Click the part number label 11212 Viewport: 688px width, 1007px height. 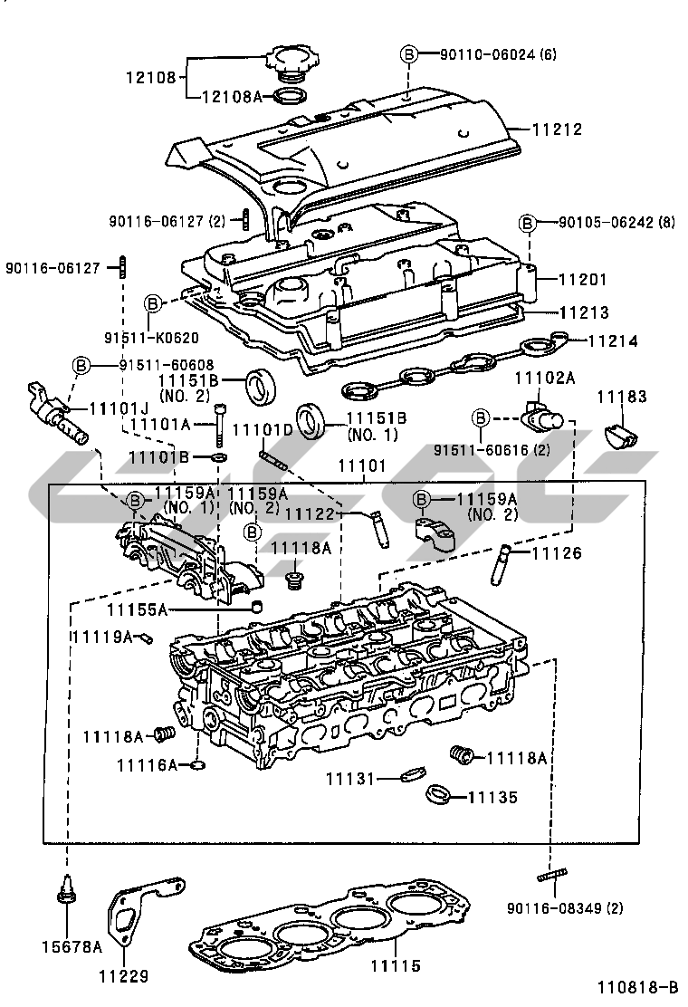[555, 129]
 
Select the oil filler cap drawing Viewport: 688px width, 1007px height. [287, 67]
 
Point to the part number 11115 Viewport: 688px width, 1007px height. [397, 966]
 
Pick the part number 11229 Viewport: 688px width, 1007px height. [124, 976]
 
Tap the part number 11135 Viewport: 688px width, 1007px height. [492, 798]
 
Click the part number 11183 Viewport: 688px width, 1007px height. [621, 396]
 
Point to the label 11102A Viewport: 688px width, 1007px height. [545, 376]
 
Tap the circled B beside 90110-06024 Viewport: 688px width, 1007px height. [408, 54]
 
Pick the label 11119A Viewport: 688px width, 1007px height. [102, 636]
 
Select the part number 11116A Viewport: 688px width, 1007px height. [147, 765]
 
